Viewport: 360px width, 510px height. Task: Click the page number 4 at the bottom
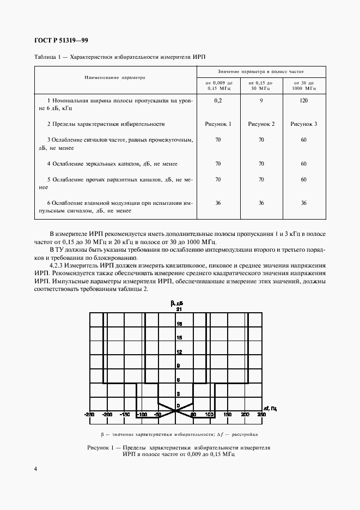tap(35, 469)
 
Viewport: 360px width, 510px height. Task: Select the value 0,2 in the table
tap(218, 101)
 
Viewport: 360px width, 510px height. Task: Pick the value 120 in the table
tap(303, 101)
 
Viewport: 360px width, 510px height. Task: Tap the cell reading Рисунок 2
tap(261, 124)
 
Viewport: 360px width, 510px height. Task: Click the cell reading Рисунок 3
tap(304, 124)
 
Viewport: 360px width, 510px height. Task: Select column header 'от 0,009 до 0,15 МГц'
tap(218, 84)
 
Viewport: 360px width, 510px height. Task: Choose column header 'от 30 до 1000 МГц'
tap(304, 84)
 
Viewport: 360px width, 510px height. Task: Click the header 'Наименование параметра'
tap(115, 77)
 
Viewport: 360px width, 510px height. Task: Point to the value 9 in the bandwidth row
tap(261, 101)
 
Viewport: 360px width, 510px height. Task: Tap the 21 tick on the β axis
tap(178, 309)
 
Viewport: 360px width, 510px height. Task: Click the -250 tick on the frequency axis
tap(89, 415)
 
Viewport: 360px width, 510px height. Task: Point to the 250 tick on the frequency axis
tap(261, 415)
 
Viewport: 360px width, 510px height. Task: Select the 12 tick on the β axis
tap(178, 351)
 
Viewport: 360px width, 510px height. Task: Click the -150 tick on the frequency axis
tap(124, 415)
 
